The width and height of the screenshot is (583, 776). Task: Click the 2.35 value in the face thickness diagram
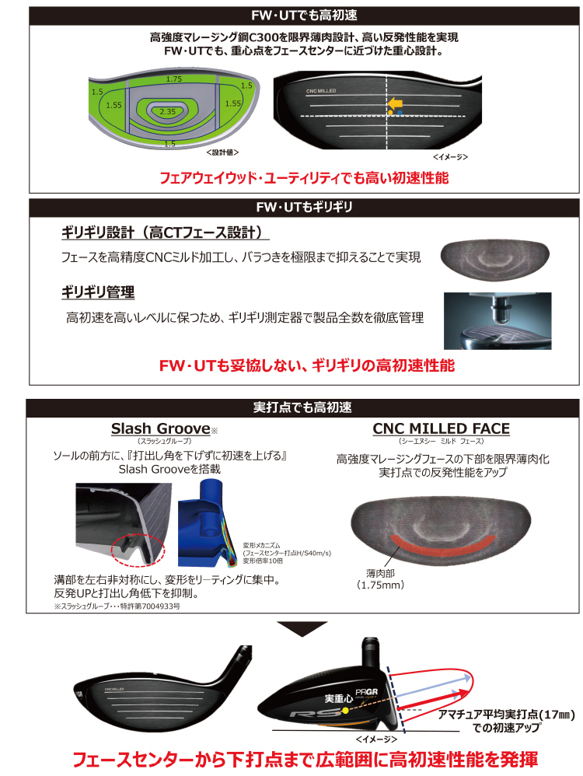click(167, 112)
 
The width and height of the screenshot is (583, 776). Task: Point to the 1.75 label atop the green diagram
click(173, 79)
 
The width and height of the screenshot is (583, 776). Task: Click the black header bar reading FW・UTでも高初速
click(304, 16)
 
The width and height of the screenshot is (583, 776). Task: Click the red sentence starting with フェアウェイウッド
click(304, 178)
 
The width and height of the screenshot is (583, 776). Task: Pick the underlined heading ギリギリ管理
click(98, 292)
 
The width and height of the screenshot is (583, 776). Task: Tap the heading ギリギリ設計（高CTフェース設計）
click(166, 233)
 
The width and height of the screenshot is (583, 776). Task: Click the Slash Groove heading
click(161, 428)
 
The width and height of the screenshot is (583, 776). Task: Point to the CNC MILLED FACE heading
click(442, 428)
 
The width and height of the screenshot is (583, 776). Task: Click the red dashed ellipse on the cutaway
click(141, 551)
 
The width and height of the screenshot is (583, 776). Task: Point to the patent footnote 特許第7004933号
click(117, 604)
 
